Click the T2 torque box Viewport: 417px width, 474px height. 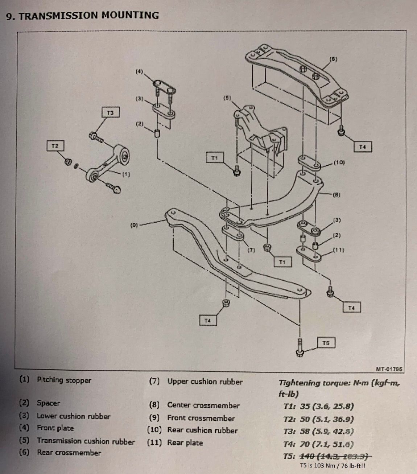point(55,146)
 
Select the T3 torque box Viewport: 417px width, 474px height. point(110,113)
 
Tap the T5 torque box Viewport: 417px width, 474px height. point(326,343)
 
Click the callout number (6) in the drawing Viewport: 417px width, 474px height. point(334,59)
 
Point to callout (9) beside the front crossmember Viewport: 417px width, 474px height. point(134,225)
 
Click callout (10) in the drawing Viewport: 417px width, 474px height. point(339,162)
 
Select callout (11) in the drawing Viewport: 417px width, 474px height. point(338,250)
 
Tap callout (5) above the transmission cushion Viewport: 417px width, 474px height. point(227,98)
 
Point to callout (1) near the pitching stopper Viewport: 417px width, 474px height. point(126,174)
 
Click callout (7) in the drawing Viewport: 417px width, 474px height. point(251,250)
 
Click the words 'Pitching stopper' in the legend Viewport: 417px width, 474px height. point(64,380)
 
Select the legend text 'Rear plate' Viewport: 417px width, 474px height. point(185,442)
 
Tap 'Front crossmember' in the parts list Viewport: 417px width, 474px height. point(201,418)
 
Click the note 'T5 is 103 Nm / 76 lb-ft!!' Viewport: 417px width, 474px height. point(333,466)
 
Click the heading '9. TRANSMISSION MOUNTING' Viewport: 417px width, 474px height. point(83,15)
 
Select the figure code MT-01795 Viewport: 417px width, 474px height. point(389,370)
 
